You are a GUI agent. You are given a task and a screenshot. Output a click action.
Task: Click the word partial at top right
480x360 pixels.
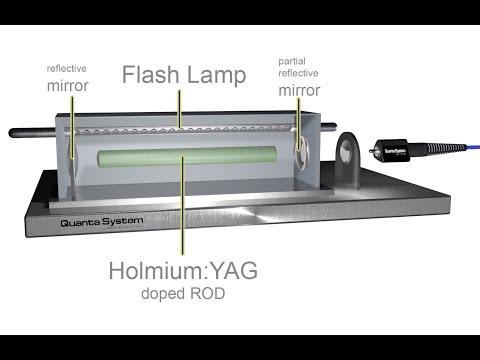click(x=296, y=61)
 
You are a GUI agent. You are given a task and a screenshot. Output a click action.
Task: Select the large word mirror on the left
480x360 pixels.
click(x=67, y=86)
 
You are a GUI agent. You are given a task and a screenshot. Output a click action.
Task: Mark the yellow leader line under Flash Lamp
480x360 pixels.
click(x=179, y=107)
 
